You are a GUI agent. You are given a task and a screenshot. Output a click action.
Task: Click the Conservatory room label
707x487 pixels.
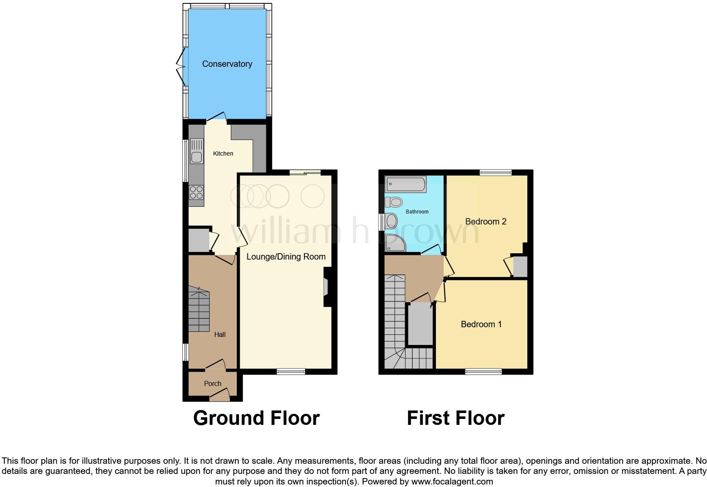227,64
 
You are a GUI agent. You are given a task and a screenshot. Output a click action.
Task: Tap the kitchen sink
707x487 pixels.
197,151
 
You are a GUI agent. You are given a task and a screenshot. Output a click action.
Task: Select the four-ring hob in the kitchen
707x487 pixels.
196,192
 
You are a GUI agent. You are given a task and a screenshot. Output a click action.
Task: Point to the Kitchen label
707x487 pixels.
223,153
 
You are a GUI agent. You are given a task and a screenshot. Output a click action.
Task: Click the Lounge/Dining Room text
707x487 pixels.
286,257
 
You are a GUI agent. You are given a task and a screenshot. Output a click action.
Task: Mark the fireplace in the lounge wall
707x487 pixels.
326,287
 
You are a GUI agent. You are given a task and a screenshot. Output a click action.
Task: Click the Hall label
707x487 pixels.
219,334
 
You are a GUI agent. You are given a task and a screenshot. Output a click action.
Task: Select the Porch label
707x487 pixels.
212,383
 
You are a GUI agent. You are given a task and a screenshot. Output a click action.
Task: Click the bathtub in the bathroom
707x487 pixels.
405,184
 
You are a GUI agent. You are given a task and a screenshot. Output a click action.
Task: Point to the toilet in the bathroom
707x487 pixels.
394,202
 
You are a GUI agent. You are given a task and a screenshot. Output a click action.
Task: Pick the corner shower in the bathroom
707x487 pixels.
395,243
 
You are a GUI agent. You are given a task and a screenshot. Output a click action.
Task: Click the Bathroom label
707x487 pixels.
417,211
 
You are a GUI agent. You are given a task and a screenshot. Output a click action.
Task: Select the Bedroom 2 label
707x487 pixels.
485,222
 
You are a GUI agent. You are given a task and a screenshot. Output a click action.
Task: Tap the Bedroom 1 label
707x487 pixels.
481,324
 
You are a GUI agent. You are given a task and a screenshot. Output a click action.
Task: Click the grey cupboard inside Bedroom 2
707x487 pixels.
520,266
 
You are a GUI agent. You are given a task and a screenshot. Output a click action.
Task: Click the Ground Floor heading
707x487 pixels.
256,418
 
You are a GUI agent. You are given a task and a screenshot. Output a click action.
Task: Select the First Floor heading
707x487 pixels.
455,418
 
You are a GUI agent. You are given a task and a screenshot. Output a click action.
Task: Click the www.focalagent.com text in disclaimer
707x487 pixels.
452,481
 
